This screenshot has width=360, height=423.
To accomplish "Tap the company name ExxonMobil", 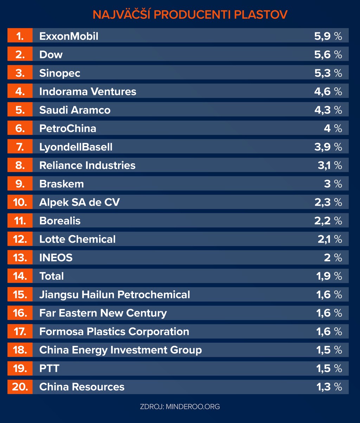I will tap(69, 36).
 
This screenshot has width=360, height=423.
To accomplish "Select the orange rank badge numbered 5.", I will tap(20, 110).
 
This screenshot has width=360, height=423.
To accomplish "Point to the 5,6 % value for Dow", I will tap(328, 55).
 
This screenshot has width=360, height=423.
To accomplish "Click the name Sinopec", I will tap(60, 73).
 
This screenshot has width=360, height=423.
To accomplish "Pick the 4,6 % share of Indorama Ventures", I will tap(328, 91).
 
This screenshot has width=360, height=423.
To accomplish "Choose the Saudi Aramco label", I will tap(75, 110).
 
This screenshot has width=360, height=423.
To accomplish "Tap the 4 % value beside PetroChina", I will tap(333, 128).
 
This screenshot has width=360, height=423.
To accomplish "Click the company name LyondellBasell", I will tap(76, 147).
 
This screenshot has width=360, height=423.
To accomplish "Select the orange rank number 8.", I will tap(20, 165).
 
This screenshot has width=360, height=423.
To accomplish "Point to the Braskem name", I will tap(62, 184).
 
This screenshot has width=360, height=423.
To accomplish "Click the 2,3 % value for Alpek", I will tap(328, 202).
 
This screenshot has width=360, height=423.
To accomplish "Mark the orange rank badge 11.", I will tap(20, 221).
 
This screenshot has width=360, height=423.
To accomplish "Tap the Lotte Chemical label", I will tap(77, 239).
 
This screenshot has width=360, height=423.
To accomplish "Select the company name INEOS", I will tap(56, 258).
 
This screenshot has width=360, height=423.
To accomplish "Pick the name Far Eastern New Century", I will tap(103, 313).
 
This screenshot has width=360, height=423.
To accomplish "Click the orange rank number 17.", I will tap(20, 332).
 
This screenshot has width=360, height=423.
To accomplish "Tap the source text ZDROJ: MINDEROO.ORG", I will tap(180, 406).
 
